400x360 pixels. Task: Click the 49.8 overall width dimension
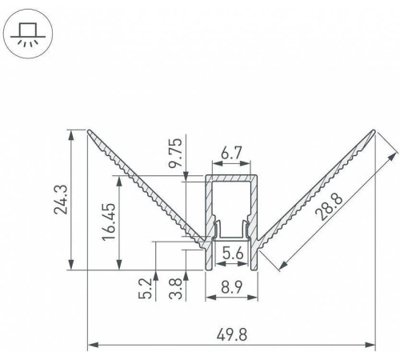232,335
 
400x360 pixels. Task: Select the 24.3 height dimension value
61,200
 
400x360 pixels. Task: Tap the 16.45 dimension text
109,222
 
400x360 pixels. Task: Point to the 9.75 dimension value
175,153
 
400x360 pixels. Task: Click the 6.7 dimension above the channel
231,154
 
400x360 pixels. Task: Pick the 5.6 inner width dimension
233,253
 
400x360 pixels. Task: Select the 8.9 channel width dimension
231,287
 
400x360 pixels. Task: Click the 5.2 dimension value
146,289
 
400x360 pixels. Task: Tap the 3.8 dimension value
176,289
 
